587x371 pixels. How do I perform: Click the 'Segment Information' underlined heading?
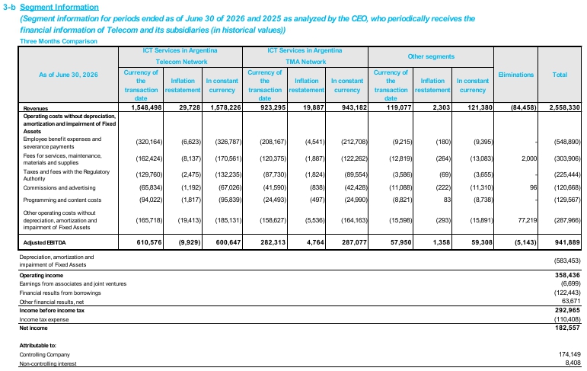(59, 7)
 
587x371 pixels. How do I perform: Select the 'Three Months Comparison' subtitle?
(59, 41)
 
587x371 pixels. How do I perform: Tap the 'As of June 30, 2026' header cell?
(68, 75)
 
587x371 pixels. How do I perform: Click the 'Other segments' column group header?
(431, 56)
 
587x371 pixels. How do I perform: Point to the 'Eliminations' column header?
(516, 75)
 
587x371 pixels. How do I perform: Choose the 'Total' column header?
(560, 75)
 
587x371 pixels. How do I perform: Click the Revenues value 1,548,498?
(146, 107)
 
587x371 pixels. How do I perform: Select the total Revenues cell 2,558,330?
(564, 107)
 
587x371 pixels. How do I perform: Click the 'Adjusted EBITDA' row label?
(44, 243)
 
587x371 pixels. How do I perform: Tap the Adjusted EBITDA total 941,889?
(567, 242)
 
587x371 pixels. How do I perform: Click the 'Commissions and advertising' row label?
(59, 187)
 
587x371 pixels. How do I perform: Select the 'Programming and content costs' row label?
(62, 200)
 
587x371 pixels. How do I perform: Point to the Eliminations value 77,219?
(528, 220)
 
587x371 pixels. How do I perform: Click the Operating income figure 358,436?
(567, 275)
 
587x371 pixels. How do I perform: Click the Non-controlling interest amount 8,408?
(573, 363)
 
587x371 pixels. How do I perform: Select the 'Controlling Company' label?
(45, 354)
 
